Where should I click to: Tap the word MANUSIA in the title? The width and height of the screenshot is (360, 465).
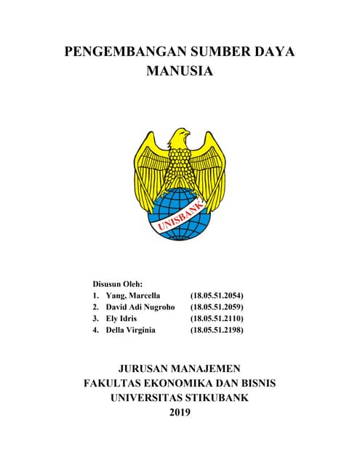tap(180, 72)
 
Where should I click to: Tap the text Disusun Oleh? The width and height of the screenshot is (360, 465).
tap(117, 283)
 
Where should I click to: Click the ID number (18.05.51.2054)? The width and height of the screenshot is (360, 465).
tap(216, 296)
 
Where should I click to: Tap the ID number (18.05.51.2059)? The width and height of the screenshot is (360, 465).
tap(216, 307)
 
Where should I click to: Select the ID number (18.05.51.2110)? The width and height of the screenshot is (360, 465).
tap(216, 319)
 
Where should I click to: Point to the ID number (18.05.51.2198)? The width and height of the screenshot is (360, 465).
tap(216, 331)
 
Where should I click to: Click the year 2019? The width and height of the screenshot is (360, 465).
tap(179, 413)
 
